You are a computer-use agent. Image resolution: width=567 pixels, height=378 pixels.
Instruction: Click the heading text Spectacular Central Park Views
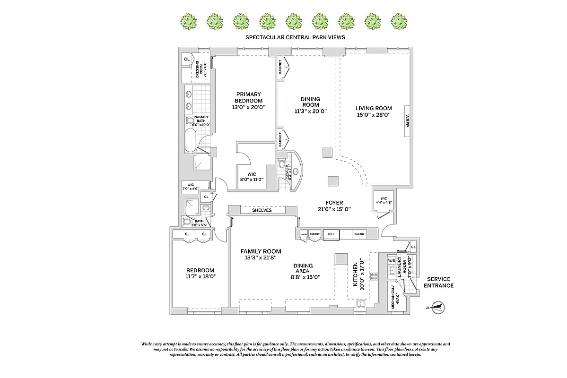coord(296,37)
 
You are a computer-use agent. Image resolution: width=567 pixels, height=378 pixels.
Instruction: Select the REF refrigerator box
coord(331,234)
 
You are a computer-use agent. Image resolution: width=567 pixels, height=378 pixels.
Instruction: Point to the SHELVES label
coord(262,210)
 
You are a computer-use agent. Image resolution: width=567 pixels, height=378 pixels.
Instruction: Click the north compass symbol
coord(438,307)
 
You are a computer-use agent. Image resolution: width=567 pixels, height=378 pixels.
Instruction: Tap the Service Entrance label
coord(438,282)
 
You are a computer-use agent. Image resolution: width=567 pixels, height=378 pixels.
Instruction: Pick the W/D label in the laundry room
coord(392,260)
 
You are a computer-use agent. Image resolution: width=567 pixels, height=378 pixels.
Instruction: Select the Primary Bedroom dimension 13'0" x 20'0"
coord(249,107)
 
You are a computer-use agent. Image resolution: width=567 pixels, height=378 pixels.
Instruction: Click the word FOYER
coord(334,203)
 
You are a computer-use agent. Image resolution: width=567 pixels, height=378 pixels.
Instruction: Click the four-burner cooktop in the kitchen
coord(374,276)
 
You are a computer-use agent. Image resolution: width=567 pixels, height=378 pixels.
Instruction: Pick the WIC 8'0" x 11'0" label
coord(251,177)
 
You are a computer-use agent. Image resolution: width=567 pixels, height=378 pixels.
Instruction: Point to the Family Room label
coord(261,251)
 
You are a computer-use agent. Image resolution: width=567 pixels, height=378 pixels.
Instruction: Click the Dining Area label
coord(302,268)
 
